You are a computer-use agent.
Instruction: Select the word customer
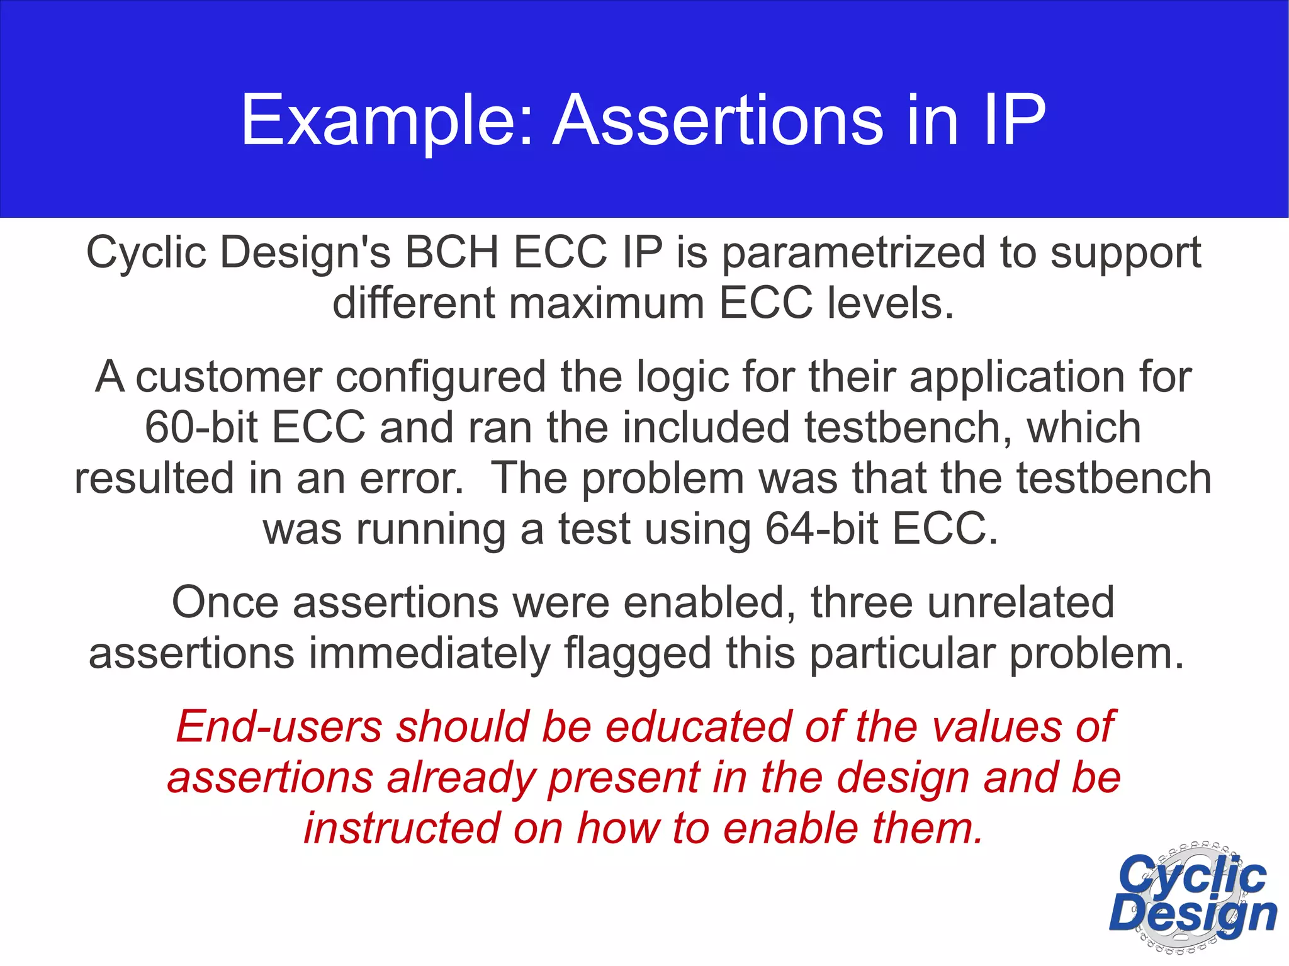(228, 378)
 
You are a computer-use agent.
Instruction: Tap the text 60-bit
(201, 428)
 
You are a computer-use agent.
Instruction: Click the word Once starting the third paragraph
(225, 603)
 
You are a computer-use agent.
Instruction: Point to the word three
(861, 603)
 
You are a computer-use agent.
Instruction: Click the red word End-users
(279, 727)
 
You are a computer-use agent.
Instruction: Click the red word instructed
(402, 828)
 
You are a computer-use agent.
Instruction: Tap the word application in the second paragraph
(1016, 378)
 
